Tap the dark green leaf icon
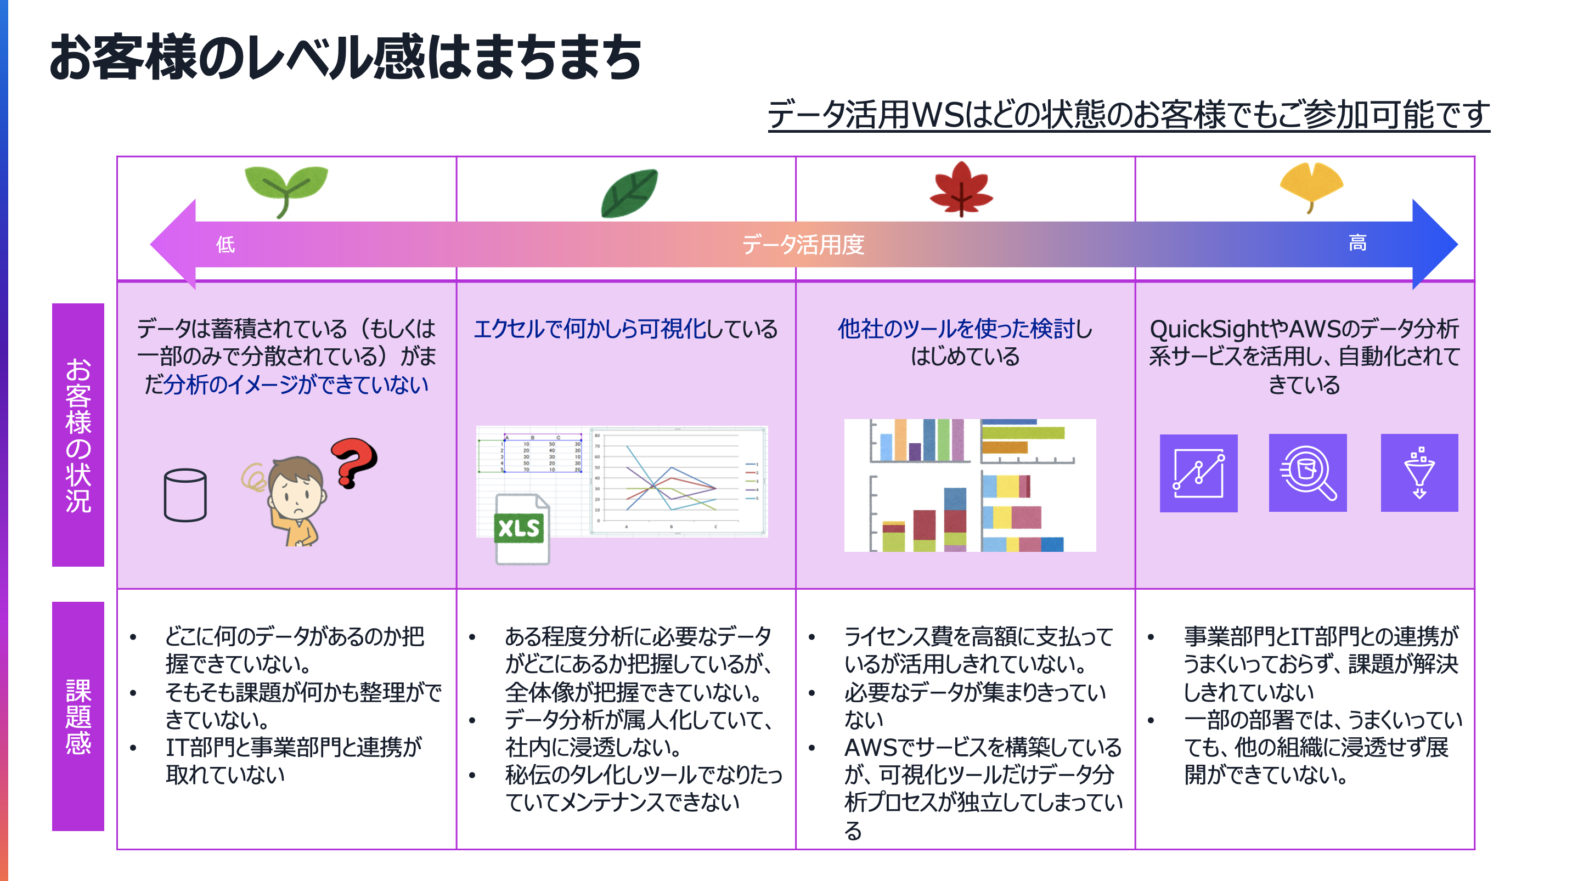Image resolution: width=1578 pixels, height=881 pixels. pyautogui.click(x=630, y=194)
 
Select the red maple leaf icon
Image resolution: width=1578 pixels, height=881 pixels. pyautogui.click(x=961, y=189)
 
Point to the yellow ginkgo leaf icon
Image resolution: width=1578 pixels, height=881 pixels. pyautogui.click(x=1311, y=185)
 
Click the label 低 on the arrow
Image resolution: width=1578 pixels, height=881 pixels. pyautogui.click(x=225, y=245)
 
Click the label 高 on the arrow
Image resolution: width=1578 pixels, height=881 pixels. pyautogui.click(x=1357, y=243)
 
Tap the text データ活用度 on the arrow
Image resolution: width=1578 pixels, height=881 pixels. pyautogui.click(x=803, y=245)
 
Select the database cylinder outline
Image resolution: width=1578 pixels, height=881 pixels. pyautogui.click(x=185, y=495)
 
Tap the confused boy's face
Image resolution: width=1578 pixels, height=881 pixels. pyautogui.click(x=296, y=494)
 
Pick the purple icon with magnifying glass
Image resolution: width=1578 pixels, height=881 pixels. pyautogui.click(x=1308, y=473)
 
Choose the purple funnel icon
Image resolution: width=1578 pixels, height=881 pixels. pyautogui.click(x=1419, y=473)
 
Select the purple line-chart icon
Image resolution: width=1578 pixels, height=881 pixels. pyautogui.click(x=1198, y=473)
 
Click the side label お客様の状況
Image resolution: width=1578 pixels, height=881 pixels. pyautogui.click(x=78, y=434)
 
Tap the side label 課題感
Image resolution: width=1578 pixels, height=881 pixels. pyautogui.click(x=78, y=716)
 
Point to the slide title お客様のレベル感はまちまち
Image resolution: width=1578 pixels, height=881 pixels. pyautogui.click(x=346, y=57)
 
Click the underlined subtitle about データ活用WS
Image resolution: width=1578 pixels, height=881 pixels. pyautogui.click(x=1129, y=115)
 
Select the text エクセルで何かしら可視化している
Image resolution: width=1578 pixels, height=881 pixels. pyautogui.click(x=625, y=329)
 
